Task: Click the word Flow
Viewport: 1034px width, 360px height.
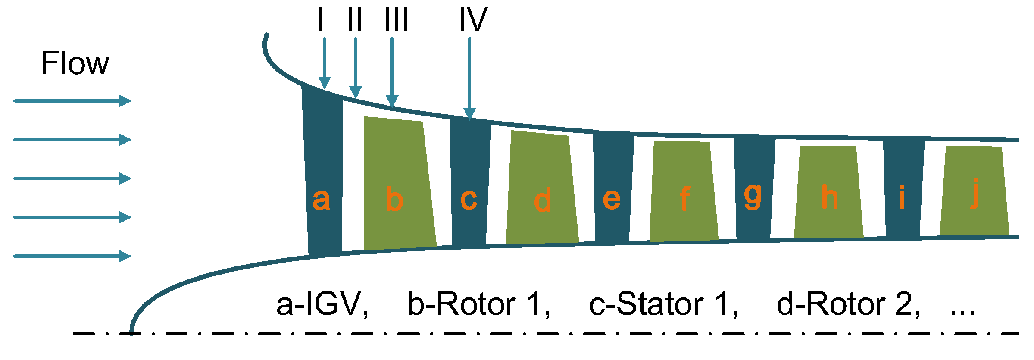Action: pyautogui.click(x=75, y=63)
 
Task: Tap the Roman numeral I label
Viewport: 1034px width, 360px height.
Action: pyautogui.click(x=320, y=20)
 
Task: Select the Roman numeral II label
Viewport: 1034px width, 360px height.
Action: pyautogui.click(x=355, y=20)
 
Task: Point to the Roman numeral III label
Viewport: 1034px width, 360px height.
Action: pyautogui.click(x=396, y=20)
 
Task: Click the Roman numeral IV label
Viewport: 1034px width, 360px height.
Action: pyautogui.click(x=473, y=20)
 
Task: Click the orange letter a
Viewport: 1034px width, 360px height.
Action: pyautogui.click(x=321, y=199)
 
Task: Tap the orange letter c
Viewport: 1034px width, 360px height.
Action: pyautogui.click(x=469, y=199)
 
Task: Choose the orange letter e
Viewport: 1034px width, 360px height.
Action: pyautogui.click(x=612, y=199)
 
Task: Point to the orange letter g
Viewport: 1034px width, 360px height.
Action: pyautogui.click(x=753, y=197)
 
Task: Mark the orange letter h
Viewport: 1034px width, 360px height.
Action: pyautogui.click(x=829, y=197)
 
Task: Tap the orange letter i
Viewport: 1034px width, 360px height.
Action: pyautogui.click(x=902, y=197)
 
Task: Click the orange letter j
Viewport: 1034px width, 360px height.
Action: pyautogui.click(x=975, y=194)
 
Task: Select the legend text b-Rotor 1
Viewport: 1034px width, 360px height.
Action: pyautogui.click(x=479, y=304)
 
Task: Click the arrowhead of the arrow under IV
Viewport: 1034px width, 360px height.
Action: pyautogui.click(x=469, y=113)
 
